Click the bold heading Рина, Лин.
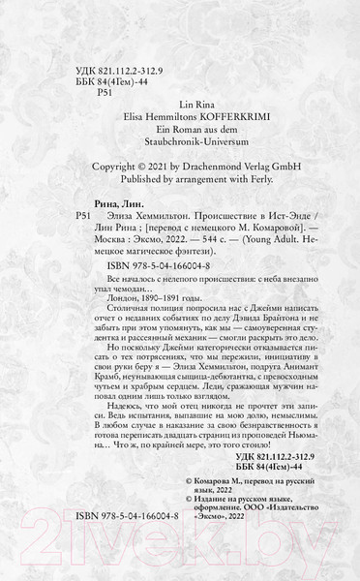pyautogui.click(x=106, y=248)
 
